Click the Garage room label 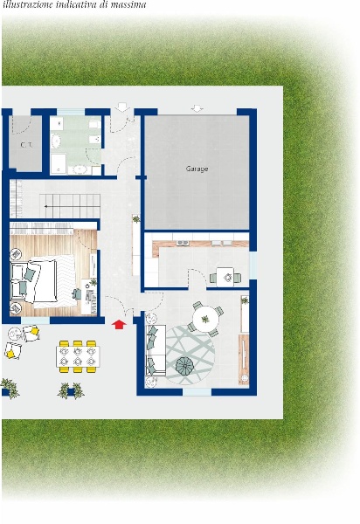click(x=197, y=169)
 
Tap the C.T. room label click(x=26, y=145)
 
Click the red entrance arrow click(x=119, y=325)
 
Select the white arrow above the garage click(x=197, y=108)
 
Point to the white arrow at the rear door click(x=122, y=107)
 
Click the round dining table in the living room click(x=205, y=319)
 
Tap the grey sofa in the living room click(x=156, y=350)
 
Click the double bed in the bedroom click(x=43, y=281)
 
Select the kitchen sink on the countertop click(x=183, y=243)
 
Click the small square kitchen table click(x=225, y=277)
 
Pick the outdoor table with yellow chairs click(x=78, y=356)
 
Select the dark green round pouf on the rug click(x=185, y=365)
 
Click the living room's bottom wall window click(x=197, y=391)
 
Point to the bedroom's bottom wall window click(x=36, y=321)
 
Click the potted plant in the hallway click(x=136, y=219)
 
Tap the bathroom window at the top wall click(x=71, y=112)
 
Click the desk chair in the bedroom click(x=77, y=294)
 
